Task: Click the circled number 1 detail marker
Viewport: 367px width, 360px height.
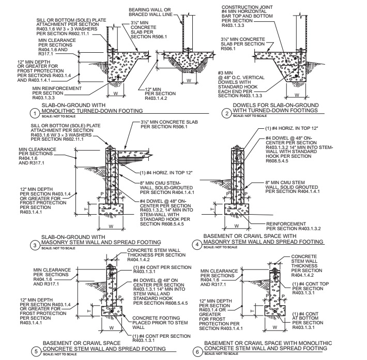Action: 34,113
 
